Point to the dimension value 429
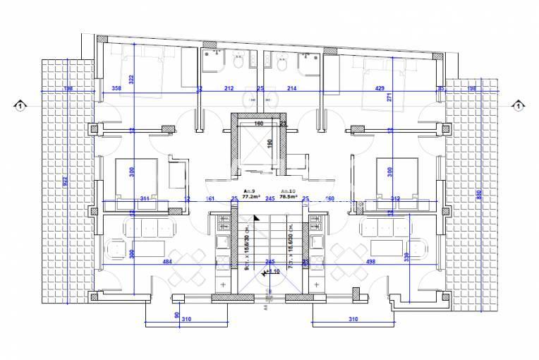[380, 88]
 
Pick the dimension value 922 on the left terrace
[65, 181]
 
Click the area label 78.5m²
[288, 197]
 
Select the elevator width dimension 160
[258, 124]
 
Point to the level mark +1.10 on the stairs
[274, 271]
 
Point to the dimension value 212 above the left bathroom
[229, 88]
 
